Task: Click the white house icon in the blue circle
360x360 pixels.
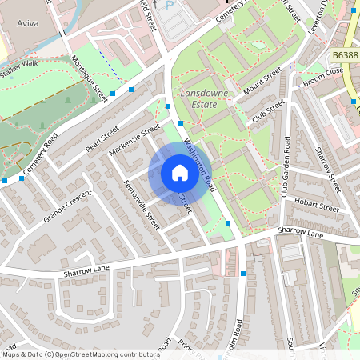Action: point(180,173)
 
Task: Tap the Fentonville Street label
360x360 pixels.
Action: point(142,205)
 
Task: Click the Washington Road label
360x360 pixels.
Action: point(199,162)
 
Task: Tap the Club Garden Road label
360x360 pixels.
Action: point(286,166)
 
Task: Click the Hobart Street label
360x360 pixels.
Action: point(317,204)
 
